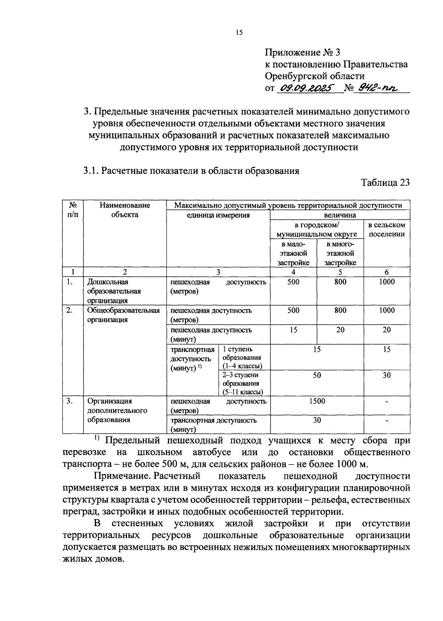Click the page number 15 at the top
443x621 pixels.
pos(239,33)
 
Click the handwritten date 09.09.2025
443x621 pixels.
pos(306,88)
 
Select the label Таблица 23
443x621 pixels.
pos(385,183)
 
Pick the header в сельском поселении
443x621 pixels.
pos(387,229)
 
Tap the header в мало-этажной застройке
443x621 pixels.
pos(293,253)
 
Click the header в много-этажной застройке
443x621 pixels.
pos(340,253)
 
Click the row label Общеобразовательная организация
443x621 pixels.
pos(123,315)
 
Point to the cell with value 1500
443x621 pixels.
pos(317,401)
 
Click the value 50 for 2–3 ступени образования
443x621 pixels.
pos(317,375)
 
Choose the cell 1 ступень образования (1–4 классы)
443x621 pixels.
pos(242,357)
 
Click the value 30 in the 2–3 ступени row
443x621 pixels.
pos(387,375)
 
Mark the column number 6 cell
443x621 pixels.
pos(387,272)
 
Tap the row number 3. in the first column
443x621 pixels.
pos(69,401)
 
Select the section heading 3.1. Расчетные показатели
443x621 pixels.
pos(191,171)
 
